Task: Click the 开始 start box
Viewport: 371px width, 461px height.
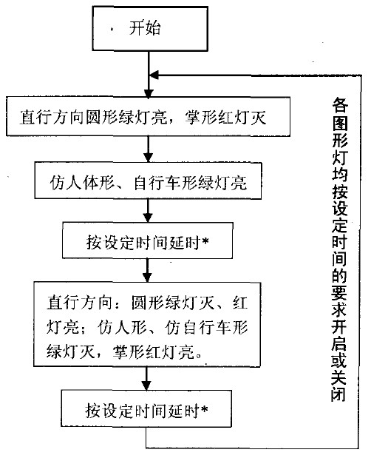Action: (150, 29)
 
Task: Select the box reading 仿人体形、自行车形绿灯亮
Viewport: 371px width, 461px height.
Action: (148, 181)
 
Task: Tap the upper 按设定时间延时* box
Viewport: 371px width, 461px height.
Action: (148, 240)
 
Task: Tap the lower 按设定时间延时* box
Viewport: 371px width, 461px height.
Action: (146, 408)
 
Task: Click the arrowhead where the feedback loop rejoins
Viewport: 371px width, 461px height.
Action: (154, 75)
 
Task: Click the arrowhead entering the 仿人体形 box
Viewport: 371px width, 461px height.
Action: (149, 158)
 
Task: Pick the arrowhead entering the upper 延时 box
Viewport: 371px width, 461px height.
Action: (148, 218)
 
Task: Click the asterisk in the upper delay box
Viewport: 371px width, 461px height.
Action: (205, 242)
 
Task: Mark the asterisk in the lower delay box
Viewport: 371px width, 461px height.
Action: (204, 409)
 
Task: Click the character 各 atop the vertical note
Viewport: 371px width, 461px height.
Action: (340, 105)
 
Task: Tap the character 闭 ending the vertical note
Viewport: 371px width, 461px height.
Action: (338, 394)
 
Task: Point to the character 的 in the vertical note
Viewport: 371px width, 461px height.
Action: (339, 275)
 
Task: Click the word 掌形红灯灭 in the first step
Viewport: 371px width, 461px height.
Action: (225, 118)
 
